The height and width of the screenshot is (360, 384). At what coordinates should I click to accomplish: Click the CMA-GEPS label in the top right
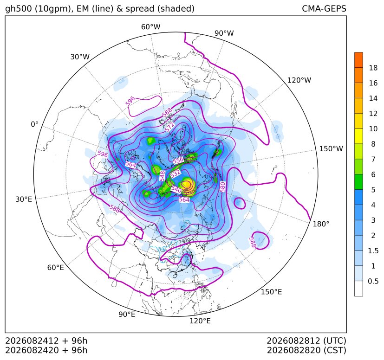(324, 8)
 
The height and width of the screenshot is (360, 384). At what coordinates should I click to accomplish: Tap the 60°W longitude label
(150, 27)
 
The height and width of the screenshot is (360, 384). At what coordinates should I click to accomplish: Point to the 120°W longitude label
(299, 80)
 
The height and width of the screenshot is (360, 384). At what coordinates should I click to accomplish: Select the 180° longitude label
(321, 224)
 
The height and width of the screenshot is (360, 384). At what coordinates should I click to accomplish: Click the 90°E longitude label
(127, 314)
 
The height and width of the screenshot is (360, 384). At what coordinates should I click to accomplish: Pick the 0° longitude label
(34, 124)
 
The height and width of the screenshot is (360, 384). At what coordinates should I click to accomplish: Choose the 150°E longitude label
(271, 292)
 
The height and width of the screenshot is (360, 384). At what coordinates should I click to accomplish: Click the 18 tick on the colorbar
(373, 68)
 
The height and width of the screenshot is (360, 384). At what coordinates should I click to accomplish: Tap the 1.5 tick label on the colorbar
(373, 251)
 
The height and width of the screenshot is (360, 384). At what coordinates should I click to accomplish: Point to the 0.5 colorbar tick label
(373, 281)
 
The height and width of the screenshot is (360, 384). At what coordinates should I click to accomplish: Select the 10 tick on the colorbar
(373, 129)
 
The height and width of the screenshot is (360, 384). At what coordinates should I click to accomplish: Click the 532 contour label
(176, 174)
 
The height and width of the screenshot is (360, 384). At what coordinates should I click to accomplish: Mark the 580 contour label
(222, 187)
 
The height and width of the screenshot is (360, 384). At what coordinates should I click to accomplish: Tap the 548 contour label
(162, 176)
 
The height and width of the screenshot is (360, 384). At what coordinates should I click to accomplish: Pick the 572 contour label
(170, 127)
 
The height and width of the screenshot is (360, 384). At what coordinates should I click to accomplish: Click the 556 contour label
(178, 161)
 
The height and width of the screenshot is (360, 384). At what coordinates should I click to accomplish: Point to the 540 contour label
(176, 189)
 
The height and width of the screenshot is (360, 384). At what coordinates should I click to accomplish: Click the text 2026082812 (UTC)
(306, 341)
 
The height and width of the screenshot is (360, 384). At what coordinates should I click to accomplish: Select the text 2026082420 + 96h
(46, 350)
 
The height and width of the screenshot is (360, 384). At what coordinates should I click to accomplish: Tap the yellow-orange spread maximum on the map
(187, 184)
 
